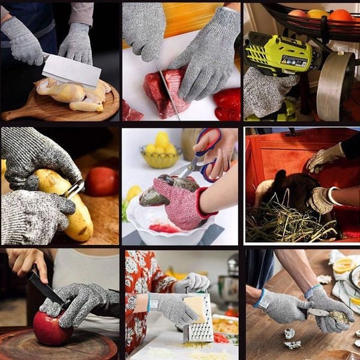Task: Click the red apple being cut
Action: [x=52, y=328]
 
